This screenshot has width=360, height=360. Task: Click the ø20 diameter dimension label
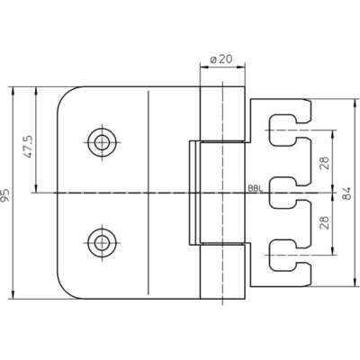(x=221, y=59)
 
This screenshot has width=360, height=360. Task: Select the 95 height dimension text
(x=5, y=195)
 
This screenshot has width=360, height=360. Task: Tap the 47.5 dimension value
(x=30, y=147)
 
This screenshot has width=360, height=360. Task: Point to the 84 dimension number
(x=346, y=193)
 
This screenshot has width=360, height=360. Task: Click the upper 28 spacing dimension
(x=325, y=163)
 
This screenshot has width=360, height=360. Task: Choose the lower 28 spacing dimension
(x=325, y=222)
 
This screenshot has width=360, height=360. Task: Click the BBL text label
(x=255, y=189)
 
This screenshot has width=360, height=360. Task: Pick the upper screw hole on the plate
(x=102, y=142)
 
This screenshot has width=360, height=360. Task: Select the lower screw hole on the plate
(x=102, y=242)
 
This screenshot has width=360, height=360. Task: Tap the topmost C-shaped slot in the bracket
(x=271, y=130)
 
